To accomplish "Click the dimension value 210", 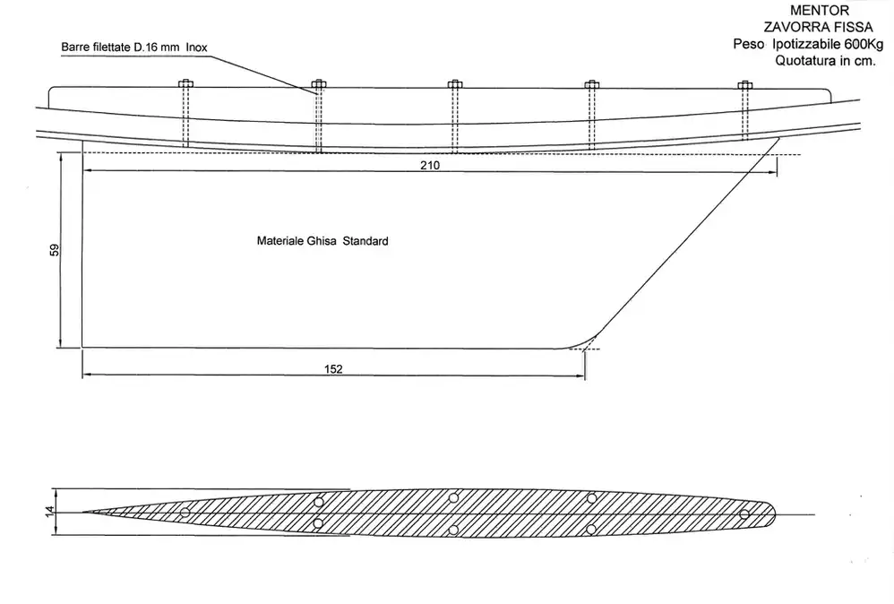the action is [430, 166].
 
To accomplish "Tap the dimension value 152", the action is [333, 369].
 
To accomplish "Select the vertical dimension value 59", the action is [54, 250].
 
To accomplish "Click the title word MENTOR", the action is [820, 10].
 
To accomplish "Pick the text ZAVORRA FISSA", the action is [818, 27].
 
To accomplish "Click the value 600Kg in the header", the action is [864, 44].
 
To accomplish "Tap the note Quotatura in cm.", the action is [825, 60].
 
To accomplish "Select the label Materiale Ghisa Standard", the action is [322, 241].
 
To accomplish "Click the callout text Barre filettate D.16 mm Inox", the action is [134, 47].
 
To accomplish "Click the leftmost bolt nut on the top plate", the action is [185, 84].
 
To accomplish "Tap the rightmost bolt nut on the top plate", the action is [744, 85].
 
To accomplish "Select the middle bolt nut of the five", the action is [454, 85].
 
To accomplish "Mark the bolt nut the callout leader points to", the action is [319, 84].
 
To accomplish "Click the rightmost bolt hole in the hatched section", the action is [744, 514].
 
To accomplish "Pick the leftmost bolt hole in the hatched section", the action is [185, 513].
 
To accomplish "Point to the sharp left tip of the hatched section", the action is [83, 512].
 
